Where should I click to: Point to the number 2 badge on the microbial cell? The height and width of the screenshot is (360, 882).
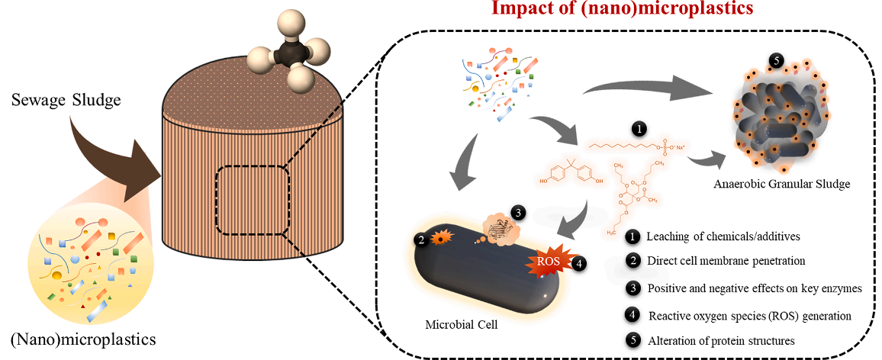[x=420, y=239]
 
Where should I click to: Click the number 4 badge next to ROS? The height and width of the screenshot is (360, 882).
[x=579, y=263]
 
